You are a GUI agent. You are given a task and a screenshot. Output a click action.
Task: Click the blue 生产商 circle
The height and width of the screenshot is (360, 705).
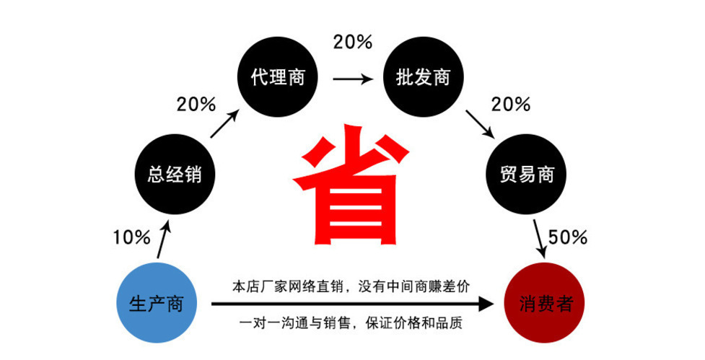tap(155, 304)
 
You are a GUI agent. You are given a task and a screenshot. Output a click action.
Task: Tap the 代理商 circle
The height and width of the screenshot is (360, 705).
tap(278, 77)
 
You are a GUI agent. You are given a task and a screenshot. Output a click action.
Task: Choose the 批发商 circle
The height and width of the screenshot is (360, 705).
tap(423, 77)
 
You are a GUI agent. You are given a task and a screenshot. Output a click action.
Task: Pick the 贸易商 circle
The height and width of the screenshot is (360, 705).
tap(527, 175)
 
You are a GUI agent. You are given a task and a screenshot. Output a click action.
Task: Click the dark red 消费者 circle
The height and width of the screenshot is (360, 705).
tap(546, 304)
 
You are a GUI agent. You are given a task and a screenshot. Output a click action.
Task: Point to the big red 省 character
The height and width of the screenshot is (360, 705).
tap(351, 185)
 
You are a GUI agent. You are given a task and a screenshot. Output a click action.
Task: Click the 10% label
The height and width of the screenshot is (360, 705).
tap(131, 237)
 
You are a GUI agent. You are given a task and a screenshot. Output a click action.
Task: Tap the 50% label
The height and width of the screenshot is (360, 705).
tap(568, 237)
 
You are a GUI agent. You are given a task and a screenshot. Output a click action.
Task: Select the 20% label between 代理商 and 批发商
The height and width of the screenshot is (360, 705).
tap(352, 42)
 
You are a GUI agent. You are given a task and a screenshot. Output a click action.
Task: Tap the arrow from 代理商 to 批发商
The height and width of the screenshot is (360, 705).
tap(351, 78)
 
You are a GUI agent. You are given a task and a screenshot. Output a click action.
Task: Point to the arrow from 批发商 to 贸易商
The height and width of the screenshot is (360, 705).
tap(479, 124)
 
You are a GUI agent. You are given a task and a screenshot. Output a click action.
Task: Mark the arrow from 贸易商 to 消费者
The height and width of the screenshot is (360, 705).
tap(540, 239)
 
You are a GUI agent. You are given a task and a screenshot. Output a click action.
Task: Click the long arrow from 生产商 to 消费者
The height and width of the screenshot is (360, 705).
tap(354, 304)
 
